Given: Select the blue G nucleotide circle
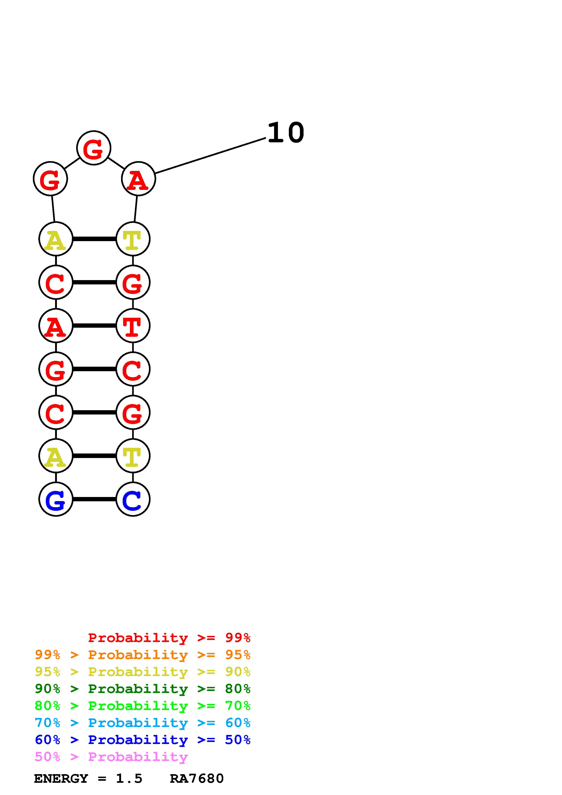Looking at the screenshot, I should pyautogui.click(x=56, y=499).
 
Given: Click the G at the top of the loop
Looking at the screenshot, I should pyautogui.click(x=93, y=148).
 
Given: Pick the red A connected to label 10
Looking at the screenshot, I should pyautogui.click(x=139, y=179).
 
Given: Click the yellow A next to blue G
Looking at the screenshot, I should pyautogui.click(x=56, y=456).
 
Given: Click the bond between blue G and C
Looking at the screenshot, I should pyautogui.click(x=94, y=499).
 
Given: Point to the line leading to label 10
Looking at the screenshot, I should pyautogui.click(x=210, y=155).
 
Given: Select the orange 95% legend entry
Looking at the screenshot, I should pyautogui.click(x=143, y=655).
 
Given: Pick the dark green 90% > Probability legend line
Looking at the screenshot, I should pyautogui.click(x=143, y=689).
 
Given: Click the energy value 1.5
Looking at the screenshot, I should pyautogui.click(x=129, y=778).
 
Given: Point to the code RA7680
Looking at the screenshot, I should pyautogui.click(x=197, y=778).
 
